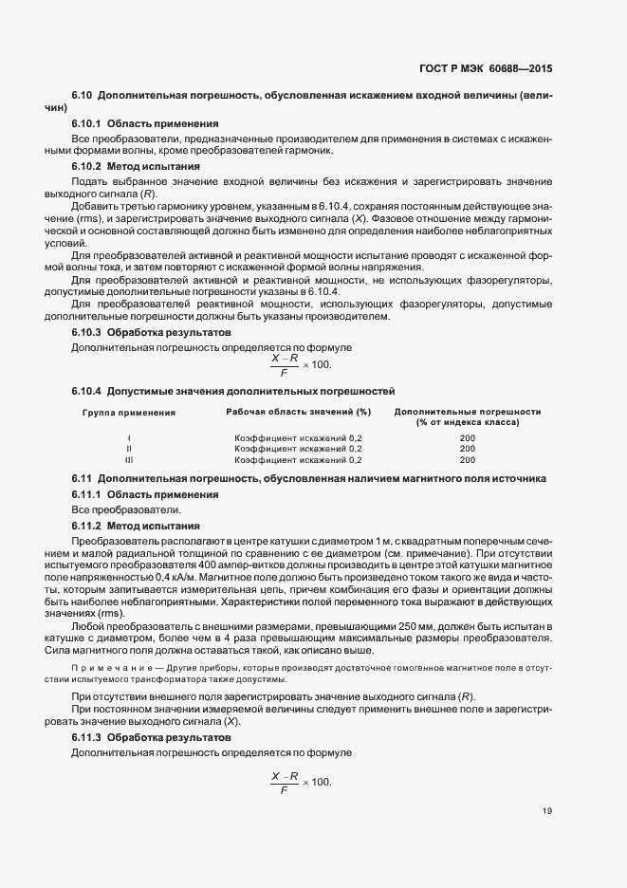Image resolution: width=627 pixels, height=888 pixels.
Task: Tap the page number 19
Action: click(546, 811)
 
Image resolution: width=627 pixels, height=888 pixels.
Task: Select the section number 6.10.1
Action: click(86, 124)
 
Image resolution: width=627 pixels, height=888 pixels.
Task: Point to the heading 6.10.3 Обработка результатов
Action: click(149, 333)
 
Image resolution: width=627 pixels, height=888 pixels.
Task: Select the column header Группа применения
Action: click(129, 413)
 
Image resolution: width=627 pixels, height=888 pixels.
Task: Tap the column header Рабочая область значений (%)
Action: click(297, 413)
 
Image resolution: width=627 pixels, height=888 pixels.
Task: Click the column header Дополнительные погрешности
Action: click(467, 413)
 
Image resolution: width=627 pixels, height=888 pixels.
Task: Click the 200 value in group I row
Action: click(467, 437)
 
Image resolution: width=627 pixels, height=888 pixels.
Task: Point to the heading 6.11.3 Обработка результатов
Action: click(149, 737)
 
